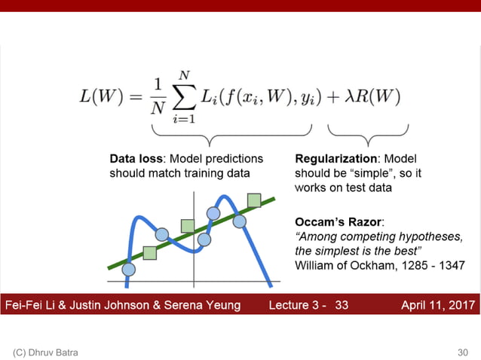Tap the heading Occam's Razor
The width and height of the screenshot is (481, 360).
[339, 223]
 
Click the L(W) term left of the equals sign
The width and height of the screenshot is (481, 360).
[102, 97]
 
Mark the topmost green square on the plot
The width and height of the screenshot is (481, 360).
[254, 200]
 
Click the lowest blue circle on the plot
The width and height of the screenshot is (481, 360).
[128, 269]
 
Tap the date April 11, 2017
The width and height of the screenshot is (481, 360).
[437, 305]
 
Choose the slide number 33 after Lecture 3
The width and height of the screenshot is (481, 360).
[342, 305]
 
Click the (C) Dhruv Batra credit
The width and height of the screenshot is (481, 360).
[44, 352]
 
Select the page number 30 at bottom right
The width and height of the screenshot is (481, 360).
[462, 352]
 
